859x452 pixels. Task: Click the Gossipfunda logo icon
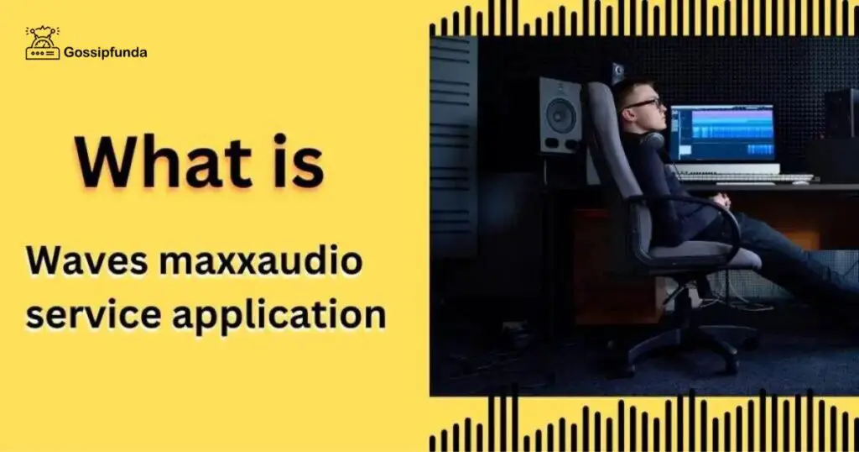click(x=42, y=43)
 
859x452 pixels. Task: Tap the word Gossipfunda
click(x=106, y=53)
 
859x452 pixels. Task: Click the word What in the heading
click(x=163, y=162)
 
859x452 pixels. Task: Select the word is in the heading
click(x=296, y=161)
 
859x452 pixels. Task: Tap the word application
click(x=279, y=317)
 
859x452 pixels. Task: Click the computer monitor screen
click(x=722, y=133)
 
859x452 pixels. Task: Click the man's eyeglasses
click(x=643, y=103)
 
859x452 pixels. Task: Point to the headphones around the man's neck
click(x=652, y=141)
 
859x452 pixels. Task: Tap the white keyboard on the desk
click(x=745, y=177)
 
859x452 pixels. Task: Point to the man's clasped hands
click(x=722, y=200)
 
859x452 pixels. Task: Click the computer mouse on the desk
click(x=800, y=182)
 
